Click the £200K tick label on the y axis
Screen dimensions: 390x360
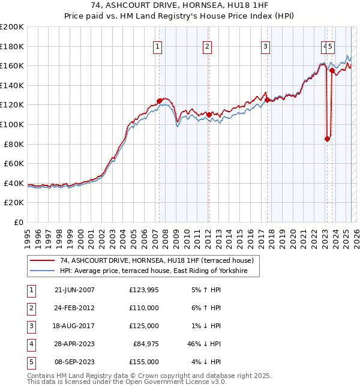click(x=12, y=27)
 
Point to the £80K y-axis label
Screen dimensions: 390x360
click(x=14, y=144)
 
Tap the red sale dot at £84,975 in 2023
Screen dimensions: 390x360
click(x=327, y=139)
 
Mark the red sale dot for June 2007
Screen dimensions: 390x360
click(x=159, y=101)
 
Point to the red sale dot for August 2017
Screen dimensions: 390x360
click(x=267, y=100)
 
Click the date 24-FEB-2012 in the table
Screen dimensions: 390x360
click(x=74, y=308)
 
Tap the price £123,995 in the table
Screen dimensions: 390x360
click(x=144, y=290)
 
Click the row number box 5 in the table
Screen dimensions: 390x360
click(x=31, y=362)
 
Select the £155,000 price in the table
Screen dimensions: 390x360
click(x=144, y=362)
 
